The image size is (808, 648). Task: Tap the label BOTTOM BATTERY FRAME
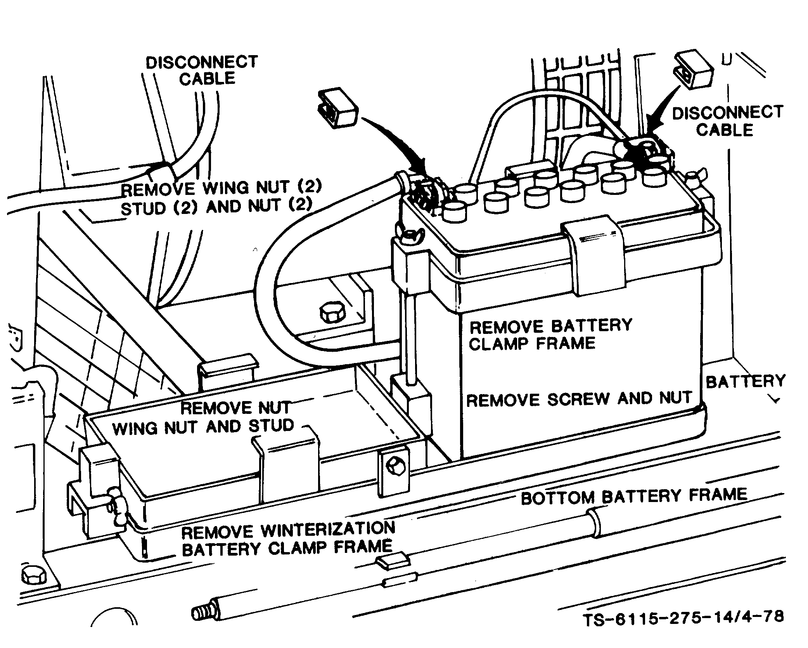[633, 496]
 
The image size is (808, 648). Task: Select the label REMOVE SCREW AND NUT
[579, 399]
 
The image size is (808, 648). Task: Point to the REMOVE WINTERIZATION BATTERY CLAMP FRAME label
[288, 539]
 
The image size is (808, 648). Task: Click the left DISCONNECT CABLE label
[202, 70]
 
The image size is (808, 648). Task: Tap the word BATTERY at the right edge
[745, 382]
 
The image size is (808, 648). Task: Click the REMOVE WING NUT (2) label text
[221, 189]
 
